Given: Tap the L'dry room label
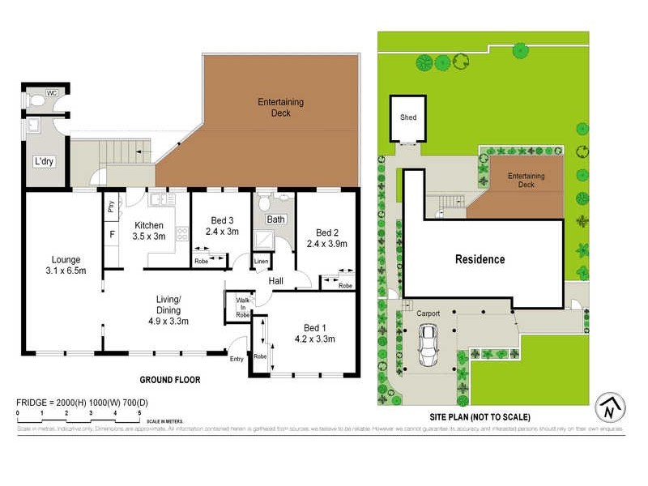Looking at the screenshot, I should coord(43,162).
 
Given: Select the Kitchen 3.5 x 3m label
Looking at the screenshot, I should coord(149,231).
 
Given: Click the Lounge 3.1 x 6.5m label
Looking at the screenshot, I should coord(63,265).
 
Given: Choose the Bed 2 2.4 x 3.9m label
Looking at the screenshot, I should coord(326,237).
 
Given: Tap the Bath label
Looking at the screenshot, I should coord(276,220).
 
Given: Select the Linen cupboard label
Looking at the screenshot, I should coord(261,261).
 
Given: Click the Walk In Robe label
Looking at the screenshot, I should coord(242,306).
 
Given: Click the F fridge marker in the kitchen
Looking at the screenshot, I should coord(112,235).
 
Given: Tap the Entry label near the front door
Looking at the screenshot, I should coord(236,358).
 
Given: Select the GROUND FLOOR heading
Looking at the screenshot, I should coord(170,379).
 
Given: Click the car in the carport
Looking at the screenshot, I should coord(428,346).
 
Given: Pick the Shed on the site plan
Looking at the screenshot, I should coord(408,118).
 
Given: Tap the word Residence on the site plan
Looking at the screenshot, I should coord(480,259).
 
